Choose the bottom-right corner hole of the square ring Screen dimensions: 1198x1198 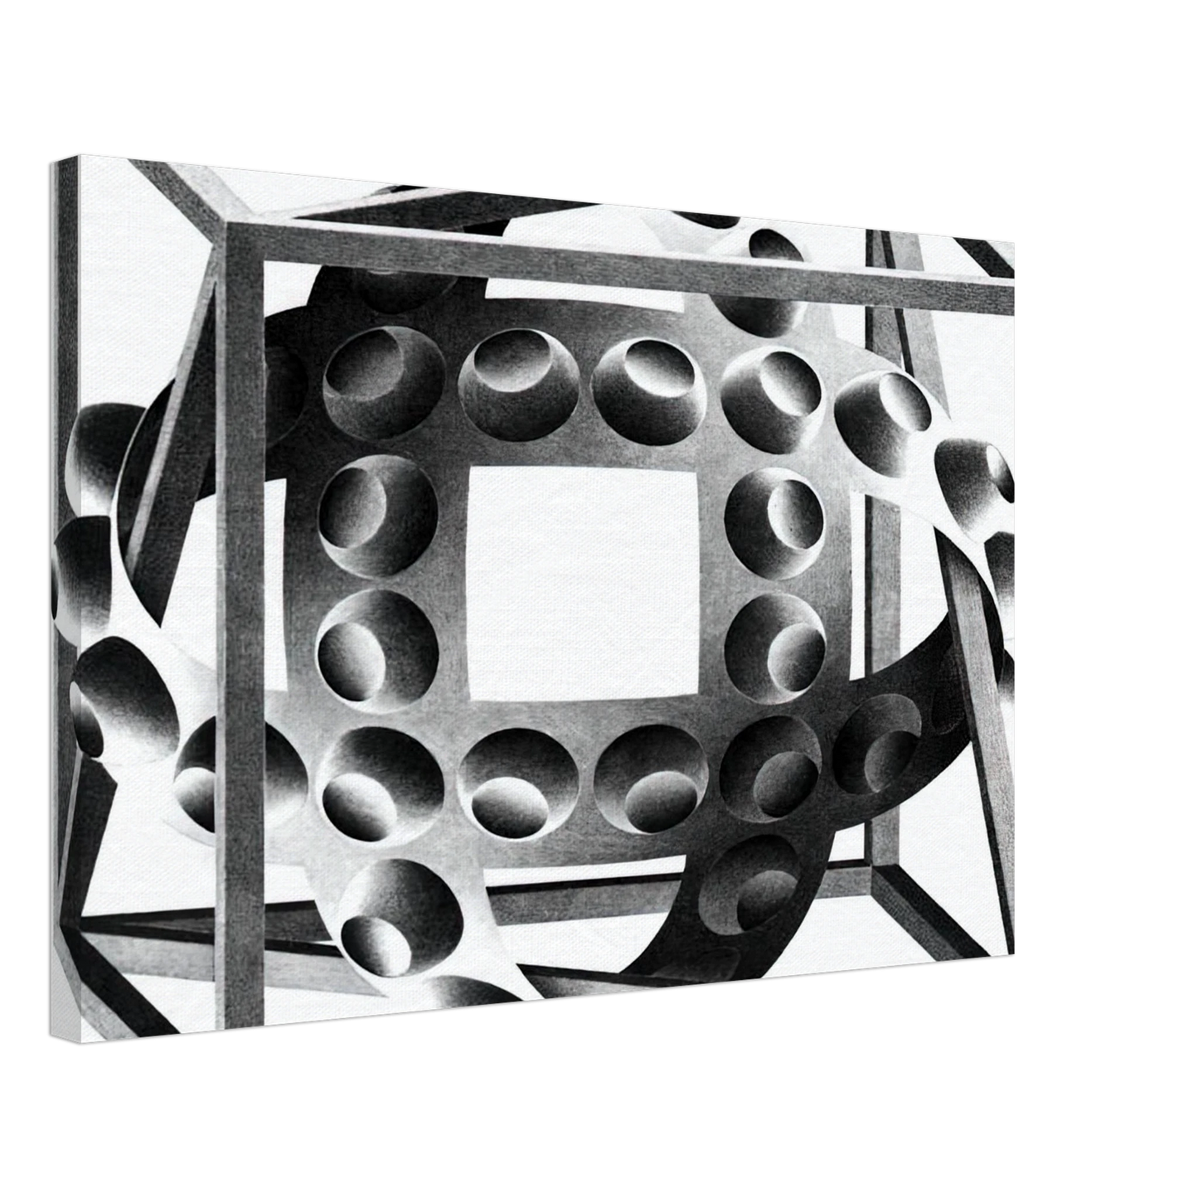(771, 766)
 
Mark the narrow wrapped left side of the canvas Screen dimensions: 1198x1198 (65, 597)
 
